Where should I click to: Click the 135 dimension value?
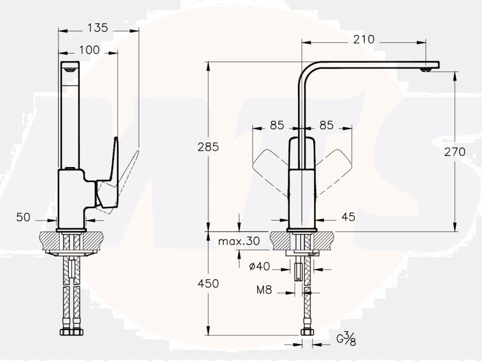point(97,28)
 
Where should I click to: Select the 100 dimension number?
point(89,50)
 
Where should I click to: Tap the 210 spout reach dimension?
point(363,40)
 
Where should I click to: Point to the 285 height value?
point(208,147)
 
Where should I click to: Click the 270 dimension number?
point(455,152)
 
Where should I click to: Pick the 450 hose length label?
point(208,283)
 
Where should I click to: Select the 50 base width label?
point(23,217)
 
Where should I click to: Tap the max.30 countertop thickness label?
point(239,241)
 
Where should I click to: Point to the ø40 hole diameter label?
point(260,266)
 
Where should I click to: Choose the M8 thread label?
point(264,290)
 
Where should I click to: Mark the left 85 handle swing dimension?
point(277,125)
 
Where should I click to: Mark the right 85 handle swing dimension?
point(326,125)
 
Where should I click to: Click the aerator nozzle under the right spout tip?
point(426,70)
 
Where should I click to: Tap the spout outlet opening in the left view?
point(70,70)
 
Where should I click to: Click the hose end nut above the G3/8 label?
point(307,332)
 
